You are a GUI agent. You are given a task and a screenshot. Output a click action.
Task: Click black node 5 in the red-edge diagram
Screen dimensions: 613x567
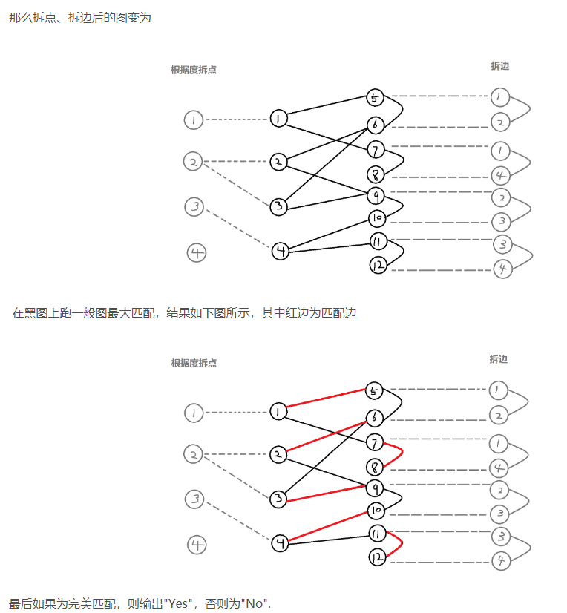375,390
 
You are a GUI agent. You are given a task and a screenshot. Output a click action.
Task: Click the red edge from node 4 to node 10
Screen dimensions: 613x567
327,527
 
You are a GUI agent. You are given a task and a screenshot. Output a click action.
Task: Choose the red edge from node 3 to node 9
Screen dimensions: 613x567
327,493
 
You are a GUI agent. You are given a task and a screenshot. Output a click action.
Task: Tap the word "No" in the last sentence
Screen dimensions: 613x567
256,603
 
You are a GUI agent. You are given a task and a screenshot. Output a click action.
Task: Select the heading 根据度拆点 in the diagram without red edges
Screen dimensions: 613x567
194,71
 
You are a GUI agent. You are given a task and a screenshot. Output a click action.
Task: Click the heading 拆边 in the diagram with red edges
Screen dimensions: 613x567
499,359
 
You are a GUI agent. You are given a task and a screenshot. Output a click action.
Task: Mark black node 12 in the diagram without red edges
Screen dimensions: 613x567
378,265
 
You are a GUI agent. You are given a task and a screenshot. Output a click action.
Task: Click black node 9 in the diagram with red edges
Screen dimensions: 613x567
377,488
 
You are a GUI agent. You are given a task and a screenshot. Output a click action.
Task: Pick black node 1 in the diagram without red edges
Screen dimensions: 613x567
278,119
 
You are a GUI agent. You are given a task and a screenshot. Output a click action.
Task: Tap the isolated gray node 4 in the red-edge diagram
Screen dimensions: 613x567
197,545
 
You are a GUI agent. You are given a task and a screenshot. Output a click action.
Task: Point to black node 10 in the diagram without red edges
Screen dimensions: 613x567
377,218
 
